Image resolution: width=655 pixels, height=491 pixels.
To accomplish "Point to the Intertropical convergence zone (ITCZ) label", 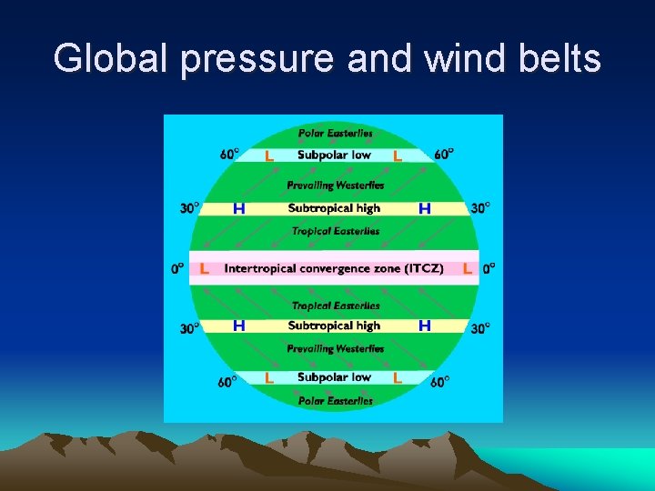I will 334,268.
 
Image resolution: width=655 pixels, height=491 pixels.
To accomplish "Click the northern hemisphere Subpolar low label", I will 334,155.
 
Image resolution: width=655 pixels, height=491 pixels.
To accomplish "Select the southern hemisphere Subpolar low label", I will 334,377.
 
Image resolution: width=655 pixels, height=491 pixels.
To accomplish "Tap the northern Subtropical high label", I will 334,208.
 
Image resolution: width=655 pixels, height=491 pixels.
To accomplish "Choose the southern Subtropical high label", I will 334,326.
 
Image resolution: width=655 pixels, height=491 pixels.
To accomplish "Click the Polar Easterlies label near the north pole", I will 335,133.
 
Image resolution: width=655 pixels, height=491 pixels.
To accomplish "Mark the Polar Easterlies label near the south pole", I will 335,401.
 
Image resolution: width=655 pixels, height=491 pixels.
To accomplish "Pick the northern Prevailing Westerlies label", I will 335,185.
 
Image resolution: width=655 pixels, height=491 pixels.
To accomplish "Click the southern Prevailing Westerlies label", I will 335,349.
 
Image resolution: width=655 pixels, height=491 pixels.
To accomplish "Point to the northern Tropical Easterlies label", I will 335,231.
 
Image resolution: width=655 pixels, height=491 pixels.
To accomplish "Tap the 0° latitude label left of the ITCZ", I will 177,269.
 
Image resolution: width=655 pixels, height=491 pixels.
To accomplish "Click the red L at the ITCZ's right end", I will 467,269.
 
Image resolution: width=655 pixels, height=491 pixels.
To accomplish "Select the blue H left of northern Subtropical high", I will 239,208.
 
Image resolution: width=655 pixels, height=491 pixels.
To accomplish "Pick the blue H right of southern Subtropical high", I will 424,325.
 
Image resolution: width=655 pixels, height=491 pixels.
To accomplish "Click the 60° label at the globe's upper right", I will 444,155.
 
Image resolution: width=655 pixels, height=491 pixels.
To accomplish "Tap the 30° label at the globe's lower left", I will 189,328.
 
